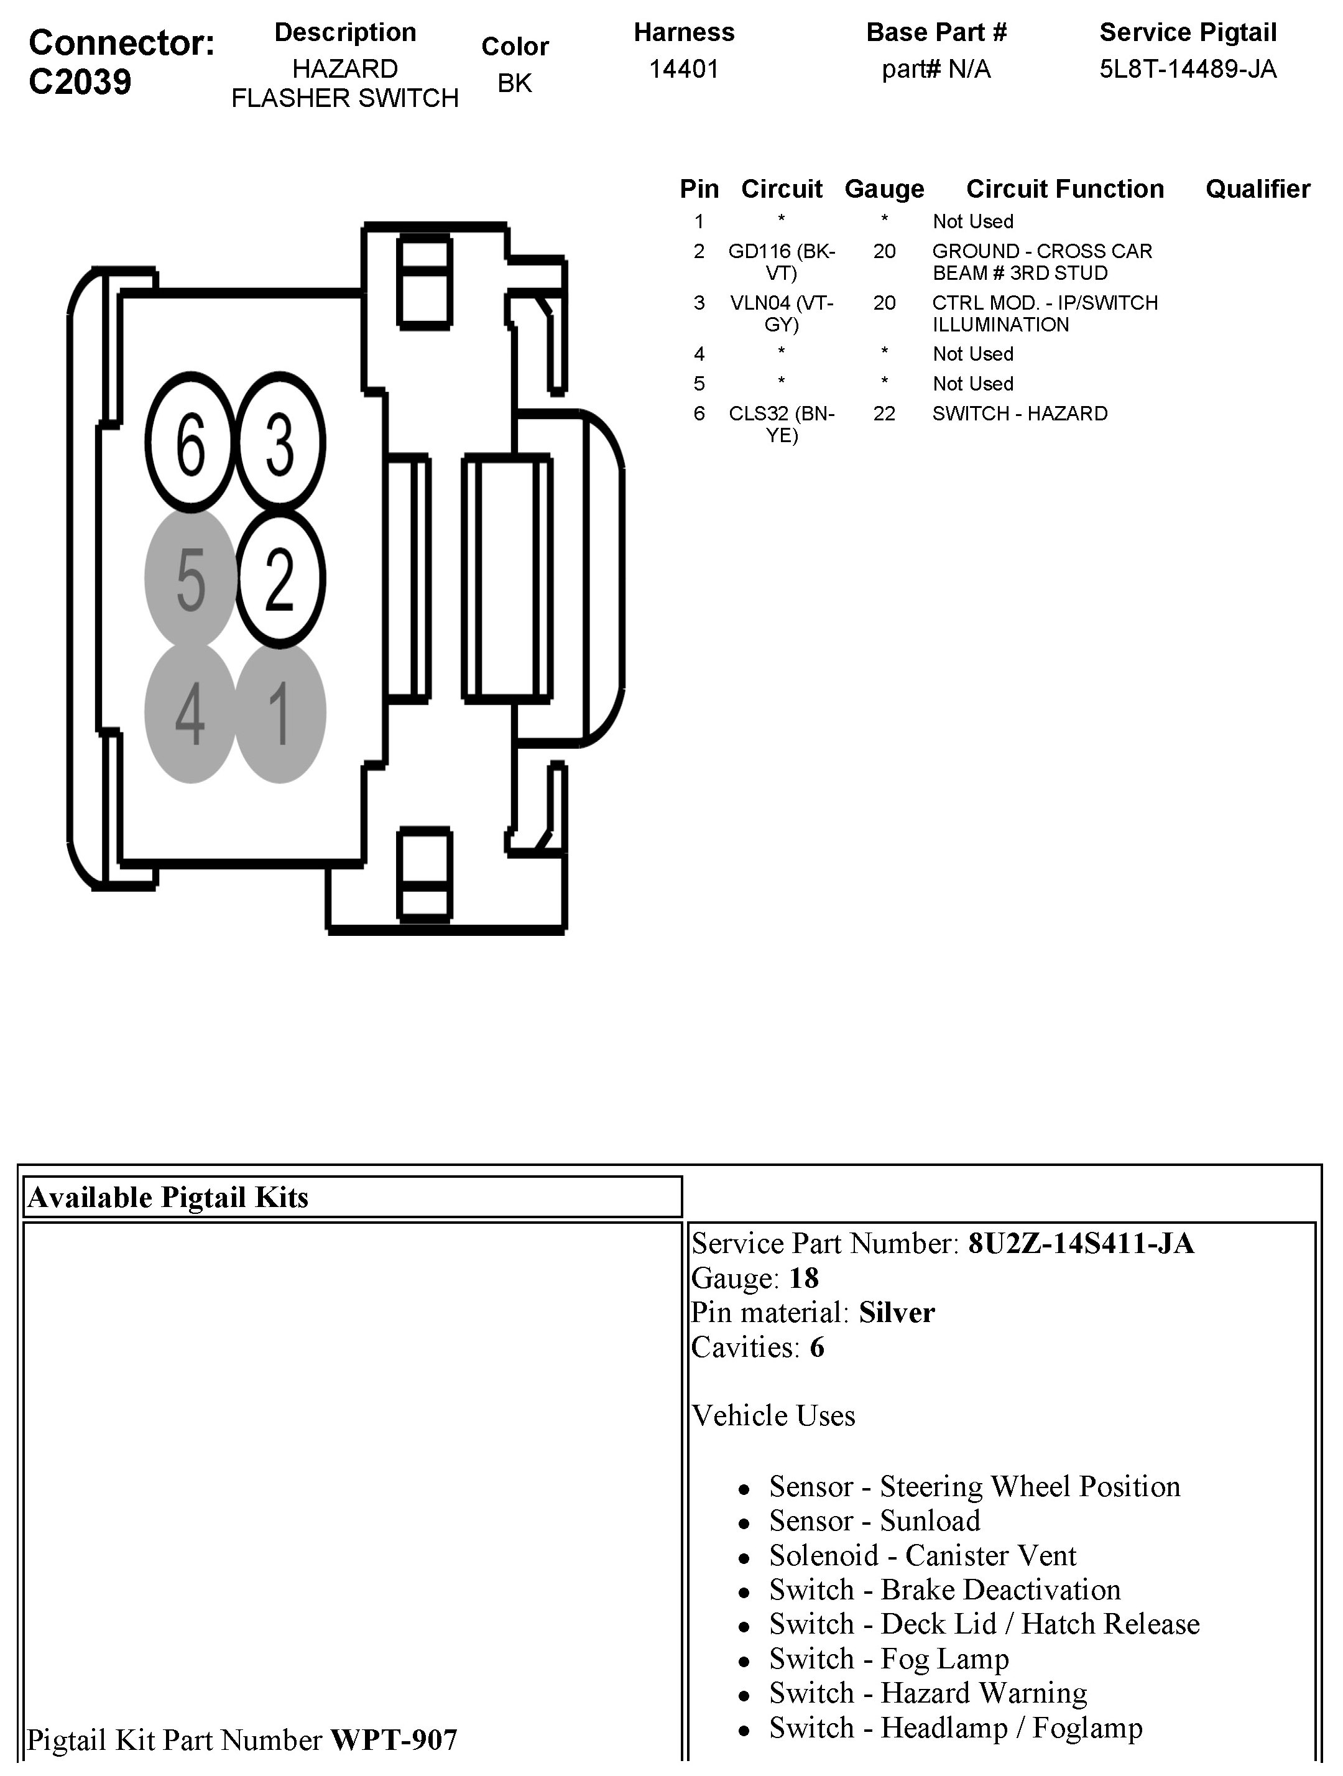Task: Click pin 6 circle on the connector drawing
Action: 190,442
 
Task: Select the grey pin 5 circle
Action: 190,578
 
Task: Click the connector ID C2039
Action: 80,82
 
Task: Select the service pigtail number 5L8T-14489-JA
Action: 1188,69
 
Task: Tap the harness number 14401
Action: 683,69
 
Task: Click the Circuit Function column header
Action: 1064,188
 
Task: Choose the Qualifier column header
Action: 1257,188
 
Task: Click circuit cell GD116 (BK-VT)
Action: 781,262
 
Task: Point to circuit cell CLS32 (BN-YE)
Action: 781,424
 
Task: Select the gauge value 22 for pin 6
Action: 884,414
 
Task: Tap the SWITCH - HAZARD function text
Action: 1020,414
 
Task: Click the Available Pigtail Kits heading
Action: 168,1197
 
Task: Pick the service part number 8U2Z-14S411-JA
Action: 1081,1244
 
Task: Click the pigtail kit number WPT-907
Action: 394,1740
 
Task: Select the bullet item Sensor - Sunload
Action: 874,1520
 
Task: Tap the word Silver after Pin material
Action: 897,1313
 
